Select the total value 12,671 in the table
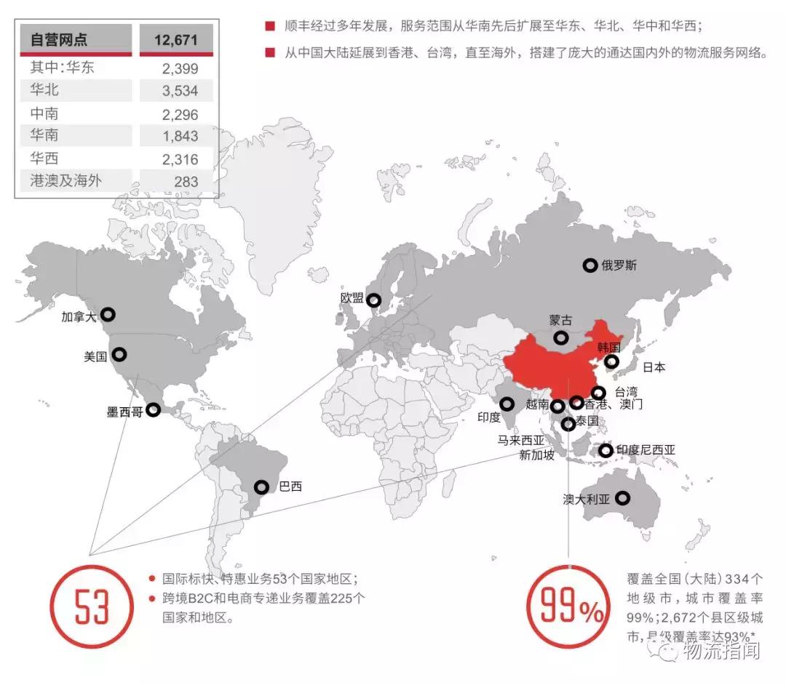tap(175, 39)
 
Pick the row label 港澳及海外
tap(65, 181)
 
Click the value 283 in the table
tap(186, 182)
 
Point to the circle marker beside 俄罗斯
tap(590, 265)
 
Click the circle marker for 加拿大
tap(108, 314)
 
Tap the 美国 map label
tap(95, 356)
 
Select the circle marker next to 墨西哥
tap(153, 409)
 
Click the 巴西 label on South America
tap(290, 487)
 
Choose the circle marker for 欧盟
tap(373, 300)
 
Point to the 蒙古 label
tap(560, 320)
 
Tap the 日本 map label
tap(654, 367)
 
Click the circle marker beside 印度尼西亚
tap(606, 451)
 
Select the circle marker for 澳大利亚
tap(622, 498)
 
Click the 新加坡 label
tap(536, 456)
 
